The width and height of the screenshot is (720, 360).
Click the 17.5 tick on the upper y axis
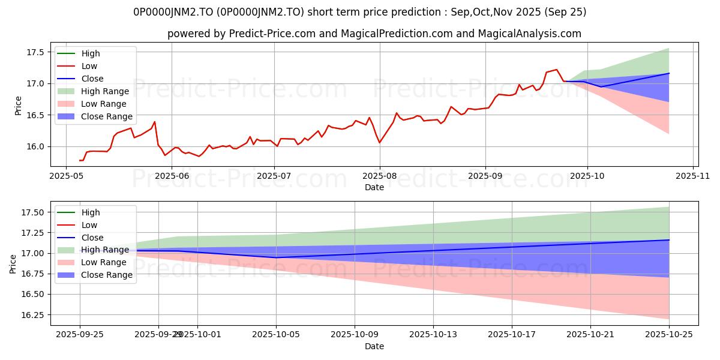(35, 52)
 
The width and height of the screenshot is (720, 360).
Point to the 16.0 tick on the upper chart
(35, 146)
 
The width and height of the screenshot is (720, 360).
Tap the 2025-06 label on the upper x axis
(172, 176)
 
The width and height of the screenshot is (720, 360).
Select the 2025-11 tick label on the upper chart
(693, 176)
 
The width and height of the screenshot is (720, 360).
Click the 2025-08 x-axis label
(379, 176)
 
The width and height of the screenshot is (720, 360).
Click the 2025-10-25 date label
(669, 334)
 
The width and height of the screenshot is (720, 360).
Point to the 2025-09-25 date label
(80, 334)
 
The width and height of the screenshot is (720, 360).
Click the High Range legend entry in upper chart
(105, 91)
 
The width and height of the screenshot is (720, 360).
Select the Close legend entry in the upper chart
(92, 79)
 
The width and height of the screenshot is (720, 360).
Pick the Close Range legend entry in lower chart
(107, 275)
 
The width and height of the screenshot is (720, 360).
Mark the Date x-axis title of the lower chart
(374, 346)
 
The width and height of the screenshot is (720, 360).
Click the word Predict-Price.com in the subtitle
(272, 34)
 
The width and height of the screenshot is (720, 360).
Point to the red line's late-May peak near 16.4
(155, 122)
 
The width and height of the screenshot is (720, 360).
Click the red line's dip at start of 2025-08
(379, 142)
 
